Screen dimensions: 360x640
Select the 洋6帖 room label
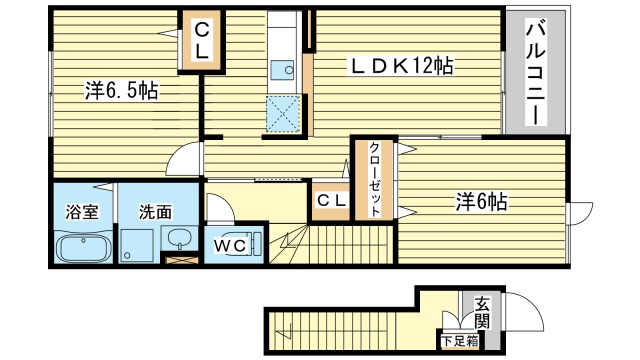pyautogui.click(x=481, y=202)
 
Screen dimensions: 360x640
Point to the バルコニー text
pyautogui.click(x=534, y=71)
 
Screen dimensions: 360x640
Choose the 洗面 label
pyautogui.click(x=155, y=212)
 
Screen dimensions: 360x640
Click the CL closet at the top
pyautogui.click(x=201, y=42)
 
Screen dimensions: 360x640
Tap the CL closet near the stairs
pyautogui.click(x=331, y=201)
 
